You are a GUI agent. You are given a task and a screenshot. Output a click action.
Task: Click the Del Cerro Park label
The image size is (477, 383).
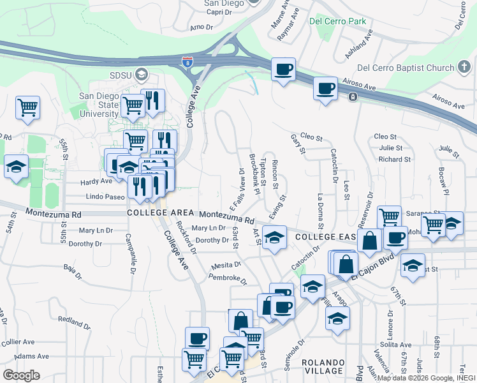337,21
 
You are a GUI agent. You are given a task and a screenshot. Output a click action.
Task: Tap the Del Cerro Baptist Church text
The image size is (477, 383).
405,68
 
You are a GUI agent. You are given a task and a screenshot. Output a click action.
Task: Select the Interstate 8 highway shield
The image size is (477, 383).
187,63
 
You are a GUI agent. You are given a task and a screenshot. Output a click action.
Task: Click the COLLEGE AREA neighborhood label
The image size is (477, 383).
159,213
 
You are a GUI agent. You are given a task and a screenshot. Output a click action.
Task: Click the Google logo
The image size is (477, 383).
21,375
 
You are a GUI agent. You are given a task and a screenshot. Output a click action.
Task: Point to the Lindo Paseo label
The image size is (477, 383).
105,197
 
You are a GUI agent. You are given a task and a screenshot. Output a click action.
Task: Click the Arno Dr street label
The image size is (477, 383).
200,27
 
